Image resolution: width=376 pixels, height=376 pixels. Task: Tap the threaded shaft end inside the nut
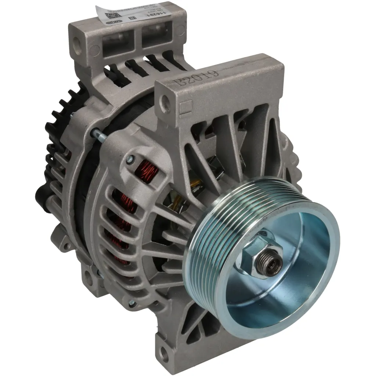[271, 261]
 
